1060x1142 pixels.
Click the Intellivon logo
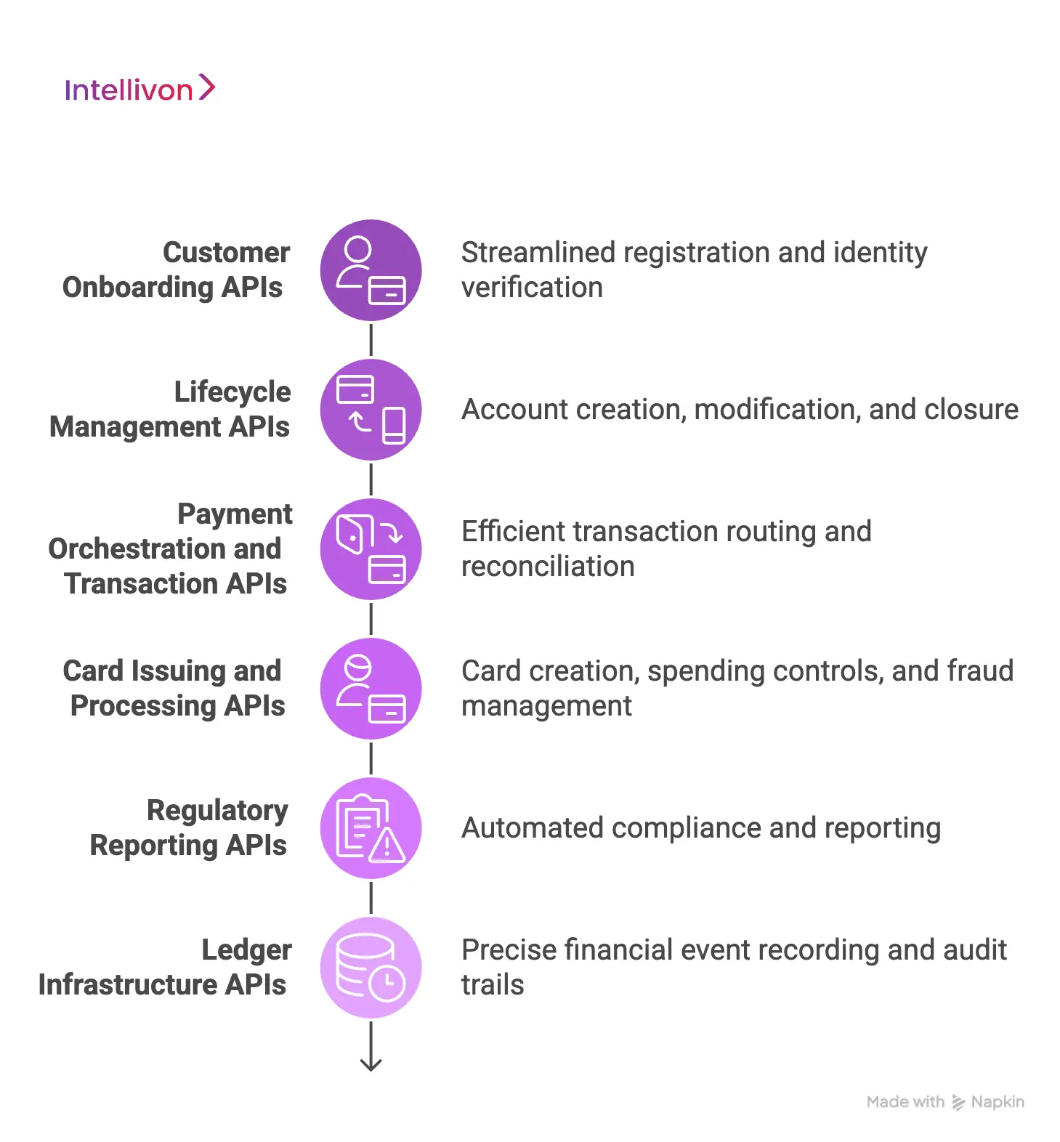pos(139,89)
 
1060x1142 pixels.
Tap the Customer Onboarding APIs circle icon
pos(371,270)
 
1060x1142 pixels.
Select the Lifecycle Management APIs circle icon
pos(371,410)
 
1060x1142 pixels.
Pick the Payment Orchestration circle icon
pos(371,549)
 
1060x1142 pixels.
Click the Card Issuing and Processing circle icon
pos(371,689)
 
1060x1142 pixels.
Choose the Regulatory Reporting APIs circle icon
pos(371,828)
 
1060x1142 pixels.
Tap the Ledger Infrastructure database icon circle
pos(371,968)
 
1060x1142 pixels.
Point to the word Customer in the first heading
pos(226,253)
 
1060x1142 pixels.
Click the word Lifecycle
pos(232,392)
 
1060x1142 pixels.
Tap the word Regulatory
pos(217,811)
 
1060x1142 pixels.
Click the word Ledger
pos(246,950)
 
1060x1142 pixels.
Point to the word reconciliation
pos(548,567)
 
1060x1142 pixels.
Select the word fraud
pos(982,671)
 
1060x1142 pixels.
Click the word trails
pos(493,985)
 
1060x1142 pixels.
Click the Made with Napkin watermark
pos(945,1102)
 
